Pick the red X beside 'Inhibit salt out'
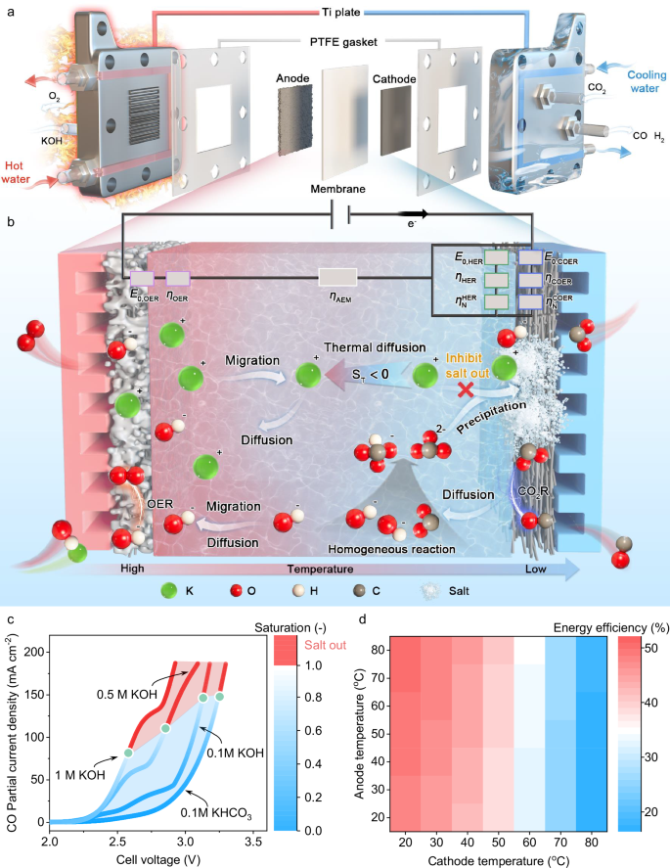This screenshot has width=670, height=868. (467, 388)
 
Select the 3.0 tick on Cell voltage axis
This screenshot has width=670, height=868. (186, 841)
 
